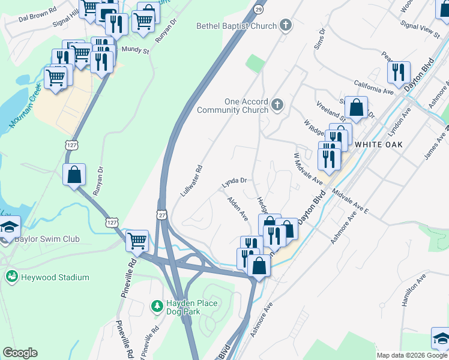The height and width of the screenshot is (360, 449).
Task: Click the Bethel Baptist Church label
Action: click(x=237, y=26)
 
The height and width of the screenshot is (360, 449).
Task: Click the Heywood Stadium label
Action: click(x=55, y=277)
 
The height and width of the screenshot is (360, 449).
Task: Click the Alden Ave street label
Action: click(x=238, y=208)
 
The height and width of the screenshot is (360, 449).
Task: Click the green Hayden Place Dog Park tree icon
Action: click(x=157, y=306)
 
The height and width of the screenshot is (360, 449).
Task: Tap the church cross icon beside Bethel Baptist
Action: click(x=286, y=25)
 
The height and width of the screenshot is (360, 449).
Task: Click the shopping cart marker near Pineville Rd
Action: click(x=137, y=241)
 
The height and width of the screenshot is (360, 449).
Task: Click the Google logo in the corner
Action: click(x=20, y=353)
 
